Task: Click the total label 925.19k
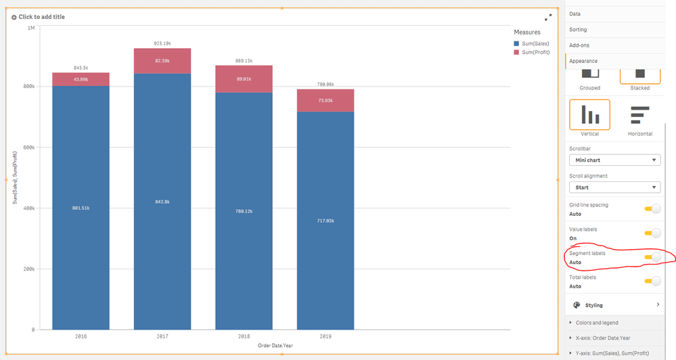pyautogui.click(x=162, y=43)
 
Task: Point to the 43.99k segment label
pyautogui.click(x=81, y=80)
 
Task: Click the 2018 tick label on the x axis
pyautogui.click(x=244, y=336)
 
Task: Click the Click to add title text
pyautogui.click(x=42, y=17)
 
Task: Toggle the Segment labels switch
pyautogui.click(x=652, y=257)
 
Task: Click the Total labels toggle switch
pyautogui.click(x=652, y=282)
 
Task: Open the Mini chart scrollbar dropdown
pyautogui.click(x=614, y=160)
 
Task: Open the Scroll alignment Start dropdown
pyautogui.click(x=614, y=187)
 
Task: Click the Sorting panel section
pyautogui.click(x=579, y=30)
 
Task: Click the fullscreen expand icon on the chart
pyautogui.click(x=547, y=17)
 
